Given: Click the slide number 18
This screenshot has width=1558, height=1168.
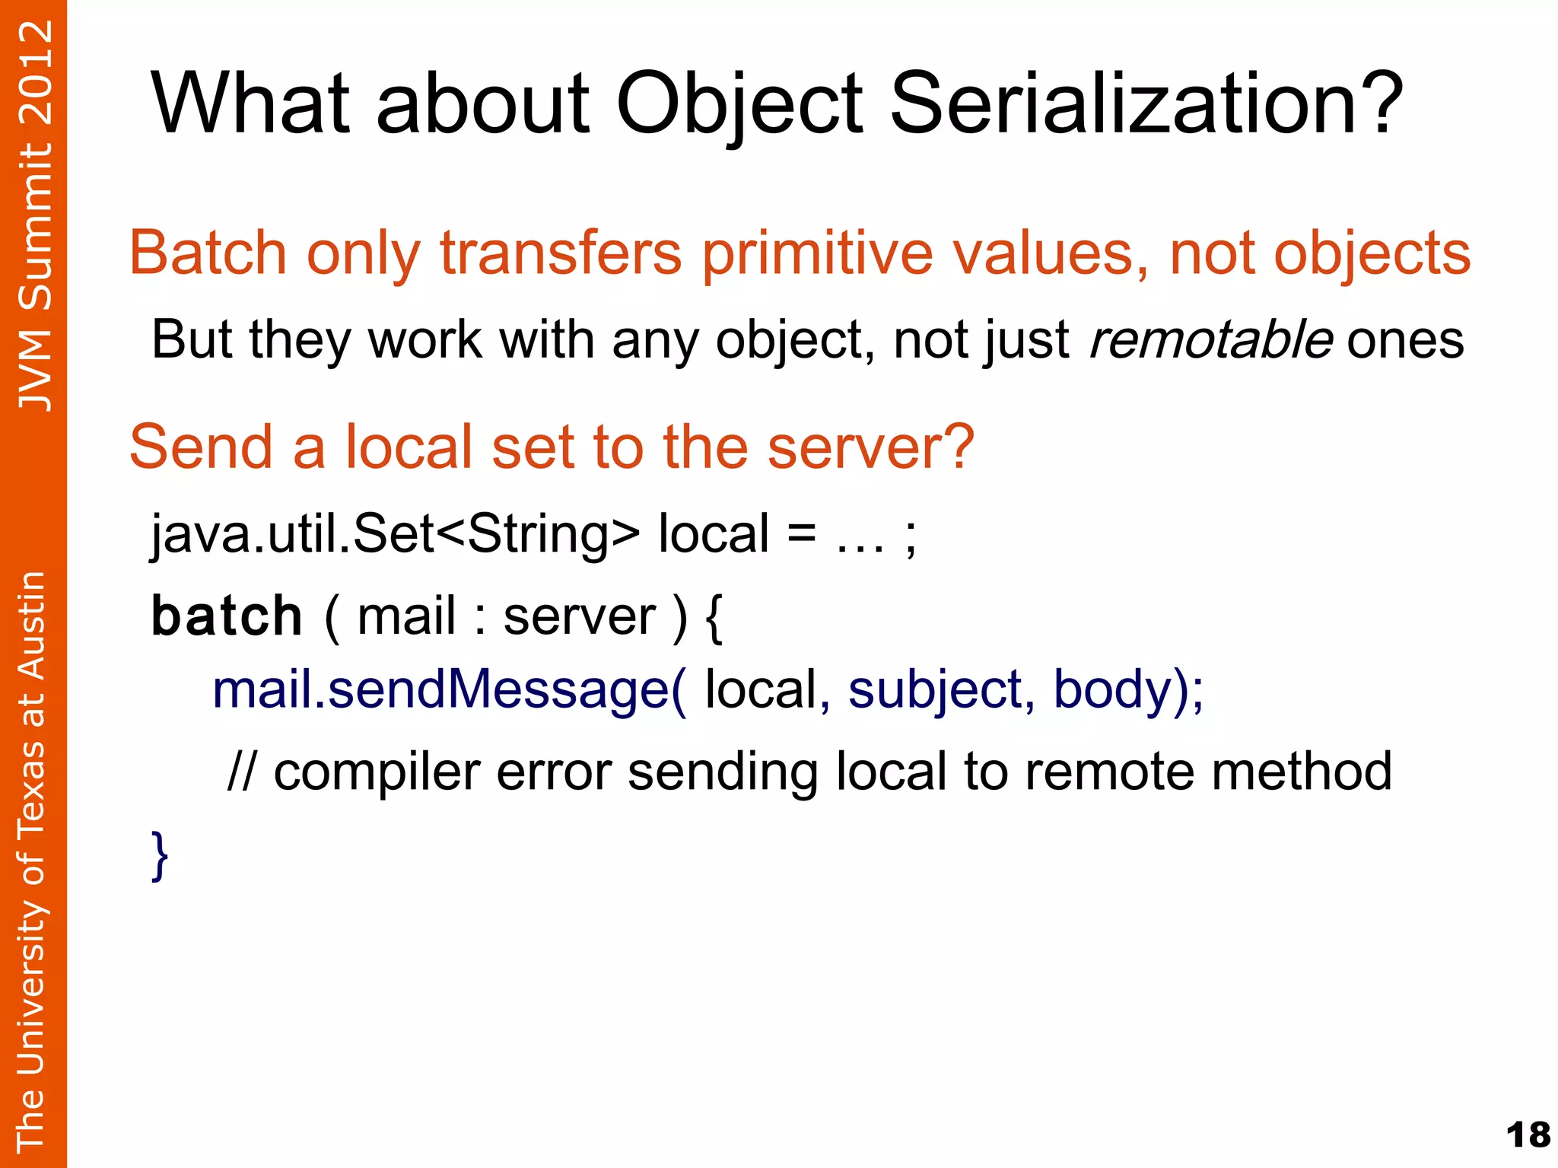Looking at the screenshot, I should [1528, 1136].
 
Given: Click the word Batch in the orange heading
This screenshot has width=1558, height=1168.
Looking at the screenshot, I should [208, 253].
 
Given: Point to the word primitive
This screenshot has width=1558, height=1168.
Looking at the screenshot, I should [816, 253].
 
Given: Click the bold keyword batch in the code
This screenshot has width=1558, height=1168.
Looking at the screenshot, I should [227, 616].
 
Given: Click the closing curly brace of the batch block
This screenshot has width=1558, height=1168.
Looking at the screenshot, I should [160, 855].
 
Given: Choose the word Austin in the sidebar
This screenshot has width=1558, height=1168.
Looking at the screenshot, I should [32, 626].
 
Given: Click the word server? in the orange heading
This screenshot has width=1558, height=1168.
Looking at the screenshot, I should [870, 447].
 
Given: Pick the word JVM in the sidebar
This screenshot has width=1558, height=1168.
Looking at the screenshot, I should [35, 371].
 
